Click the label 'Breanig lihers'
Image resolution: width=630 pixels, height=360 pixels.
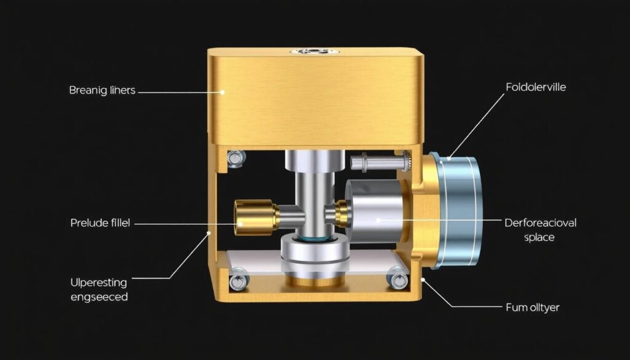(x=102, y=90)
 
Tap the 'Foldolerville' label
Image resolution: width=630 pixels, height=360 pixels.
(x=535, y=87)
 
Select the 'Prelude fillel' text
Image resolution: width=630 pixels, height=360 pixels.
(x=101, y=223)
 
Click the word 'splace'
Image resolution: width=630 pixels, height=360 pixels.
(x=539, y=237)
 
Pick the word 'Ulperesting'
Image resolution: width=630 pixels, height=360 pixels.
(x=99, y=283)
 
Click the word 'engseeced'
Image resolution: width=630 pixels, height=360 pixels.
(x=100, y=297)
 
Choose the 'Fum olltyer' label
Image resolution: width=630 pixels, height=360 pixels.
(x=532, y=307)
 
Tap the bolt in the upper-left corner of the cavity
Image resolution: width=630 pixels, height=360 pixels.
(x=234, y=158)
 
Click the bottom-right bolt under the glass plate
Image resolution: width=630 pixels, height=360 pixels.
(x=396, y=281)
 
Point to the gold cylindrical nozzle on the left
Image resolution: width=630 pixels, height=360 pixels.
(x=255, y=216)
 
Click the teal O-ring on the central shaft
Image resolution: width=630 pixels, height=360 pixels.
(x=314, y=236)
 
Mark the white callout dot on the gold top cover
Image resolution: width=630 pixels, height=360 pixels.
(x=223, y=92)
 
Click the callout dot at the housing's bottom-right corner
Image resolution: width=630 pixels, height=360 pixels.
(x=423, y=281)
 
